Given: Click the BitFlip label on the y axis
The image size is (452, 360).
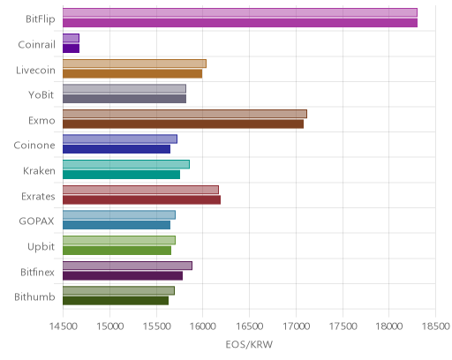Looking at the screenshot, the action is [x=41, y=19].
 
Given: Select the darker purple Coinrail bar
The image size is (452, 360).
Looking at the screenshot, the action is [x=71, y=49].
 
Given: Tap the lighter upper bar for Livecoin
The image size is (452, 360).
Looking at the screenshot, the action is [x=134, y=64].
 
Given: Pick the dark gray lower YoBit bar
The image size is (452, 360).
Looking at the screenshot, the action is [x=124, y=99].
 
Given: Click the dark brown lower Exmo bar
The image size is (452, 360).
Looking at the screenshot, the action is [x=183, y=124].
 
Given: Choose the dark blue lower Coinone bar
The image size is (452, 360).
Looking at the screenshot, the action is [x=117, y=149].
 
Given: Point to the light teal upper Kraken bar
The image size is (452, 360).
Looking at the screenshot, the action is [x=126, y=164].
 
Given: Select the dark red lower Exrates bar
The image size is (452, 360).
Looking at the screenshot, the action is [x=141, y=200].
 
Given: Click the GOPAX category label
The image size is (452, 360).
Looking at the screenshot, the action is [x=37, y=221].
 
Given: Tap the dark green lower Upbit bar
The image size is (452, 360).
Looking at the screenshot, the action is [x=117, y=251].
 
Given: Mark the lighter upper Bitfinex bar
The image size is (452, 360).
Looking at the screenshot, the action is [x=127, y=266].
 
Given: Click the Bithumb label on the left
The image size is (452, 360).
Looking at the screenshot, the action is [x=34, y=297].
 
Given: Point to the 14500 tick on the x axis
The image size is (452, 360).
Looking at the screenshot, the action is [x=64, y=326].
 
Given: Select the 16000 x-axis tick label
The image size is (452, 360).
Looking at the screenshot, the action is [x=203, y=326].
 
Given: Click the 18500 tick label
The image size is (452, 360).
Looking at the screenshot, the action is [x=436, y=326].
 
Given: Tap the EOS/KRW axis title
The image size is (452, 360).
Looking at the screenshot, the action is [x=249, y=344].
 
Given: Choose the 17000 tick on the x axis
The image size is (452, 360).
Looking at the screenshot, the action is [x=297, y=326].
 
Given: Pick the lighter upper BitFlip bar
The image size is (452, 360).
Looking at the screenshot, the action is [x=240, y=12].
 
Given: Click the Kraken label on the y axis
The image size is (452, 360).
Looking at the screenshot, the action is [x=39, y=171].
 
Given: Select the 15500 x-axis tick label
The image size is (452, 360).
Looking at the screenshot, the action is [x=156, y=326].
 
